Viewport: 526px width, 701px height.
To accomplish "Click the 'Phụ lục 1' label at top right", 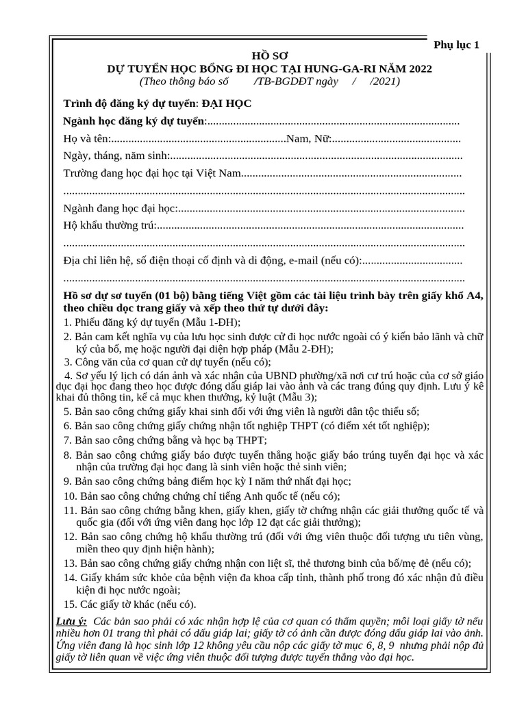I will tap(457, 44).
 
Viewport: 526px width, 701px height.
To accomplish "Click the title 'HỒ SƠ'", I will tap(270, 56).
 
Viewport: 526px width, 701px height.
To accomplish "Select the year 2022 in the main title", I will tap(418, 68).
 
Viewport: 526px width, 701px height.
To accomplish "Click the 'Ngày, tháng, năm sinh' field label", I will tap(115, 156).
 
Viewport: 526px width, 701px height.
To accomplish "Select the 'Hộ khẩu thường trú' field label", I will tap(109, 226).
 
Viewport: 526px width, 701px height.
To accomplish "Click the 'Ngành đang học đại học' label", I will tap(119, 208).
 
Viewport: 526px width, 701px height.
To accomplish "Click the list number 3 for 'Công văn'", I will tap(67, 362).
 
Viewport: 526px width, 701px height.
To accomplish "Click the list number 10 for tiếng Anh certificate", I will tap(69, 496).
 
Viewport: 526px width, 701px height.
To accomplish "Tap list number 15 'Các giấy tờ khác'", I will tap(69, 604).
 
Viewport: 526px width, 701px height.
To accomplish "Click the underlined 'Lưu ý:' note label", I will tap(71, 621).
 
